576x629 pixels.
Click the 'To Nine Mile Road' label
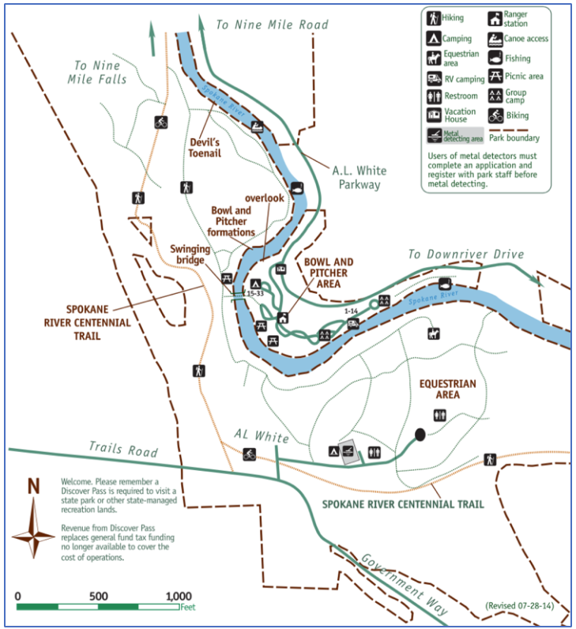click(272, 24)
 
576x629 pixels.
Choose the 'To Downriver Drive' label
click(465, 254)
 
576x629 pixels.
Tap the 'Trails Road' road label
click(122, 449)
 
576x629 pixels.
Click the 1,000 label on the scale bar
click(179, 596)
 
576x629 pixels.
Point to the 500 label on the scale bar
click(99, 596)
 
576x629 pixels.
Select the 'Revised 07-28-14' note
click(521, 606)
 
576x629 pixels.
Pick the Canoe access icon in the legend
click(494, 38)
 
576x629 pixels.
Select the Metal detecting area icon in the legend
click(435, 135)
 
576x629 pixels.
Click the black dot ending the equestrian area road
click(420, 434)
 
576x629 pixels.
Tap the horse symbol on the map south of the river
click(433, 332)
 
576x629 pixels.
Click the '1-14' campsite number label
click(352, 311)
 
